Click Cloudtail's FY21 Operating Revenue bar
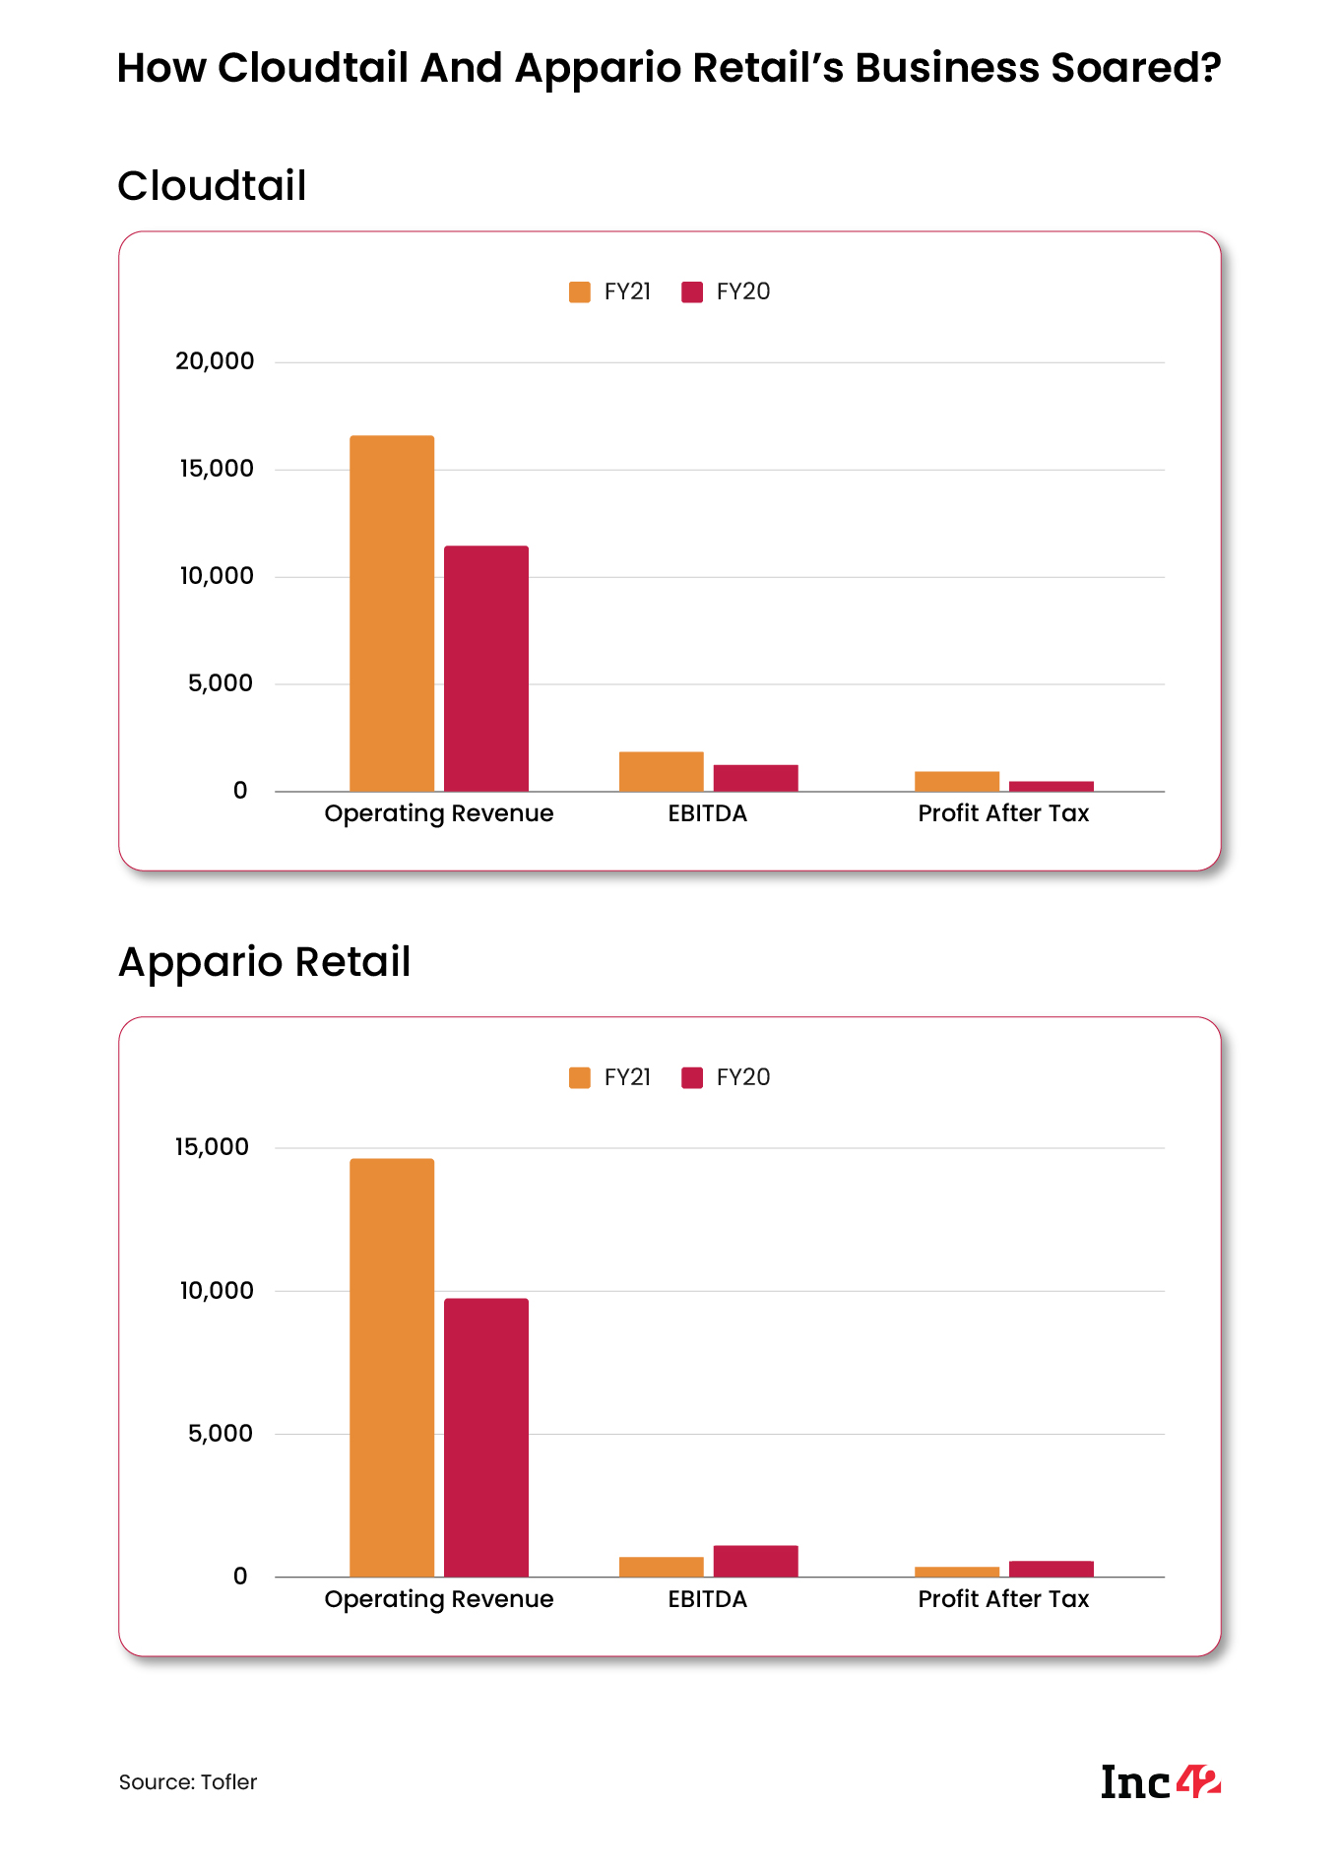[392, 612]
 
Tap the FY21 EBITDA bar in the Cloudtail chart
[661, 771]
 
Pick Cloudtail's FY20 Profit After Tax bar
[1051, 786]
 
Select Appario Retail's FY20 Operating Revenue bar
[486, 1437]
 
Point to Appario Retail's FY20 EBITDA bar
[755, 1561]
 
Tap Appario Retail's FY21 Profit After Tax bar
[956, 1572]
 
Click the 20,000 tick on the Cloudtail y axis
[215, 361]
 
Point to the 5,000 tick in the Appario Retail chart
[221, 1434]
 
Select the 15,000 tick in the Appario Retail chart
[212, 1147]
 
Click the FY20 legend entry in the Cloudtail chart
[726, 291]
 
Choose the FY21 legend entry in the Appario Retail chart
[610, 1077]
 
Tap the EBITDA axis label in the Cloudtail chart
[707, 813]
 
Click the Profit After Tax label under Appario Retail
[1003, 1599]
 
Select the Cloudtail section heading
[212, 186]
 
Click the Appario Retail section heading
[264, 962]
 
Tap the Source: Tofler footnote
[188, 1782]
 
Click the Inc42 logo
[1160, 1782]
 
